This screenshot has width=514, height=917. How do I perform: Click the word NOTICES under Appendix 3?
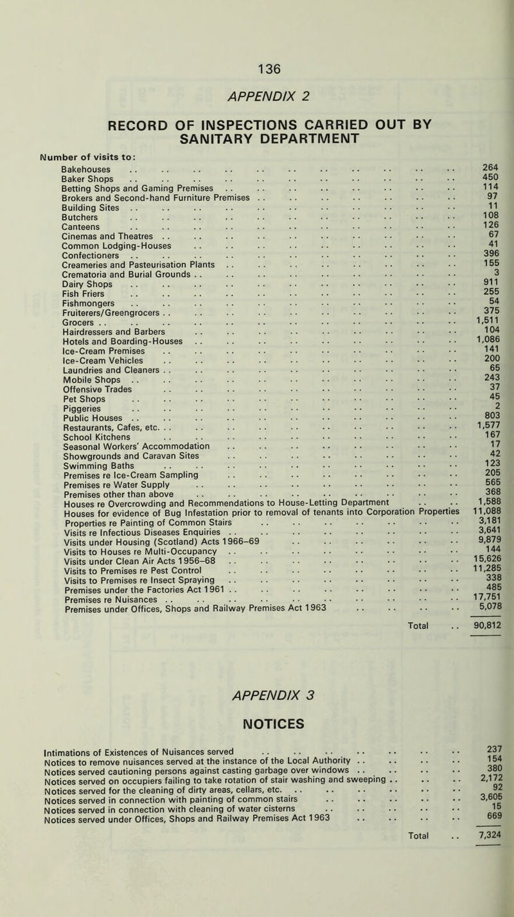(x=256, y=725)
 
